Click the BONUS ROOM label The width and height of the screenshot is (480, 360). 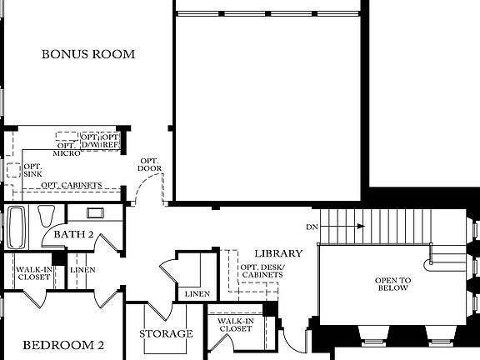point(88,54)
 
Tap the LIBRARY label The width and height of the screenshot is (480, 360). point(278,253)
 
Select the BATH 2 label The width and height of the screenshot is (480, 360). point(73,235)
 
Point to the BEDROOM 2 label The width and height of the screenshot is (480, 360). point(62,345)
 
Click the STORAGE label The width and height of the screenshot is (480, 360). point(166,334)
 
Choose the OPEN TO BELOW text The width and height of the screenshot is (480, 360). point(391,283)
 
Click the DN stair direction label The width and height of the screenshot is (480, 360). point(312,226)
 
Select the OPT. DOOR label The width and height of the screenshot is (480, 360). point(150,165)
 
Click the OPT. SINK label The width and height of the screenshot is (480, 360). point(33,170)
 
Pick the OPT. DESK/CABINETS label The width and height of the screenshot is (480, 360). point(262,270)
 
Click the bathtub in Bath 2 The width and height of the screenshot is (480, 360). point(17,227)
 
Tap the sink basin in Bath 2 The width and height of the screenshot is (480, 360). point(90,212)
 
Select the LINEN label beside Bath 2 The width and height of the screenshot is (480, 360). point(82,270)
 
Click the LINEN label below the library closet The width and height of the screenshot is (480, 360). point(197,294)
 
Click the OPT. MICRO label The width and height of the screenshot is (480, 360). point(67,149)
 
